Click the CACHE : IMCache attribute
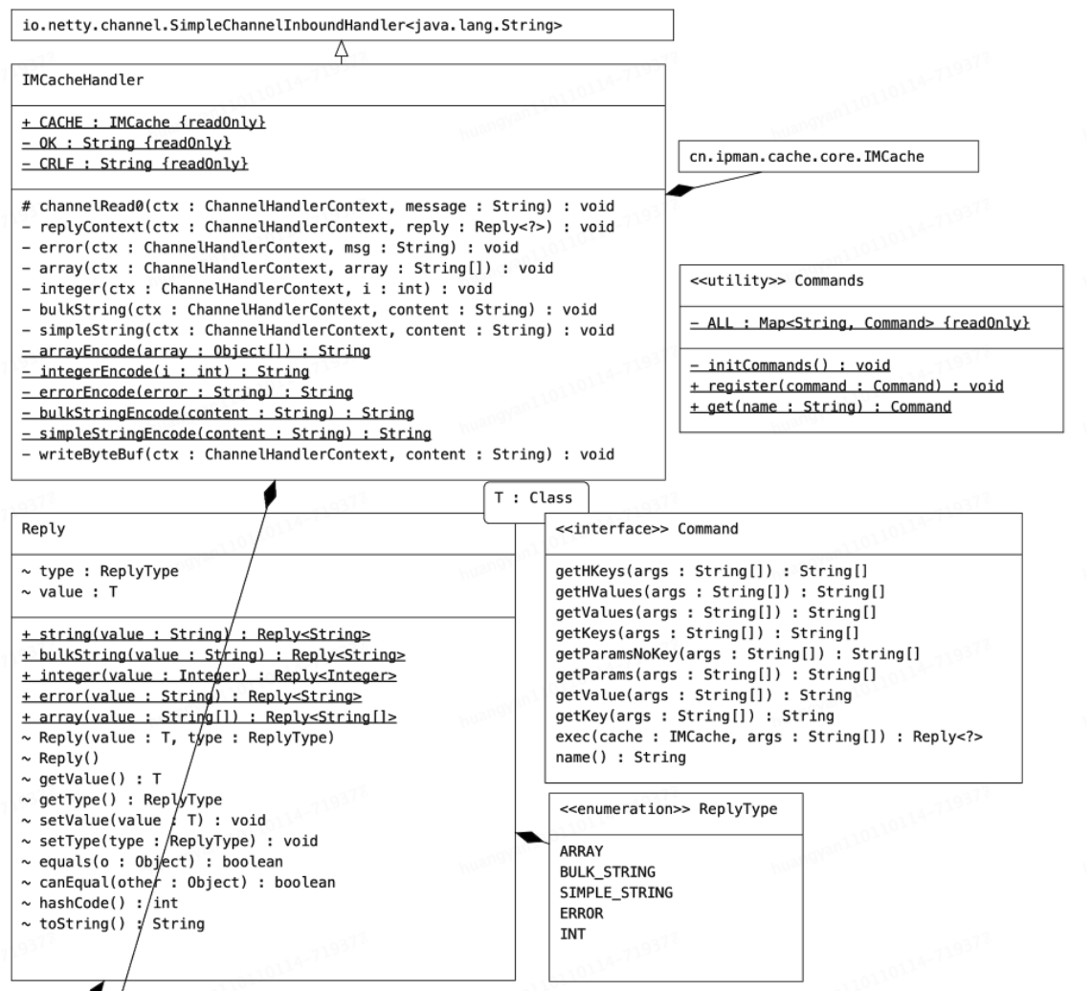[x=143, y=123]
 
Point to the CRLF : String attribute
[x=134, y=165]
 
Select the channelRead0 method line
[x=317, y=206]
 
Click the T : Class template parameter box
[x=533, y=498]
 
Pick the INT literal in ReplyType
[x=571, y=934]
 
